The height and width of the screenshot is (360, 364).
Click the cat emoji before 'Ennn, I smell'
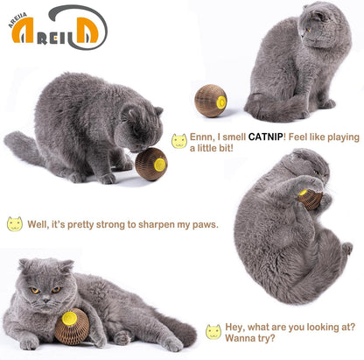tap(179, 141)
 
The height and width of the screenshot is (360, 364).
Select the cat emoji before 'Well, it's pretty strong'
tap(15, 223)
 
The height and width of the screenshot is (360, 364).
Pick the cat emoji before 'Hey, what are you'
tap(213, 332)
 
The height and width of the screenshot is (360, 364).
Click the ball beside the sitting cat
tap(210, 101)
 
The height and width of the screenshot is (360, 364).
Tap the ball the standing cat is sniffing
tap(150, 164)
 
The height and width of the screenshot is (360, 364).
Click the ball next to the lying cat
tap(71, 328)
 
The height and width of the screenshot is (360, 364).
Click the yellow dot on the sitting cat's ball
tap(220, 102)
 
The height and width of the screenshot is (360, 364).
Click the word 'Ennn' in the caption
tap(204, 137)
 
